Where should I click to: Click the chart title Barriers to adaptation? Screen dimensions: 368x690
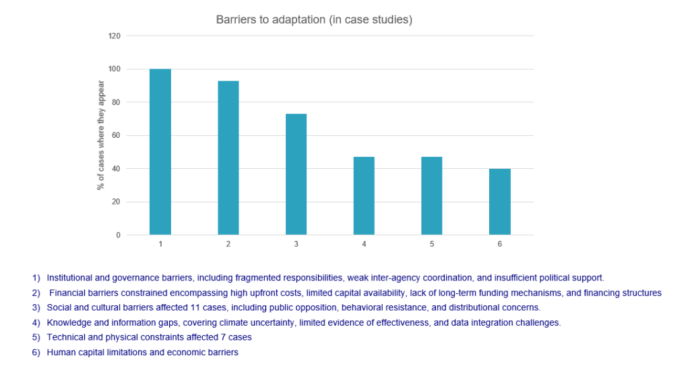314,20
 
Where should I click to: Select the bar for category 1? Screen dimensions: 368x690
160,152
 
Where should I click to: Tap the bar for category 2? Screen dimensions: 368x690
228,158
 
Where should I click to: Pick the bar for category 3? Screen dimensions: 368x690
296,174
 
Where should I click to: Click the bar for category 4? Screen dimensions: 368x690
364,196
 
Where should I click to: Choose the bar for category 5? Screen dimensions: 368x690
432,196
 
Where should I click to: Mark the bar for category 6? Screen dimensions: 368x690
499,202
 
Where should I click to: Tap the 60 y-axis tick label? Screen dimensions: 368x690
116,135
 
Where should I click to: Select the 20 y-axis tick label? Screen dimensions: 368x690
116,202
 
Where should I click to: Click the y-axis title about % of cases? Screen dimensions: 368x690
102,135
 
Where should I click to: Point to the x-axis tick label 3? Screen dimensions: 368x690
296,244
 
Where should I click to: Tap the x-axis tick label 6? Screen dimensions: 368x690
499,244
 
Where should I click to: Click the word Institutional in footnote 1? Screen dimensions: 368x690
69,277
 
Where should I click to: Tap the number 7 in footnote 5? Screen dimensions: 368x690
224,337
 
